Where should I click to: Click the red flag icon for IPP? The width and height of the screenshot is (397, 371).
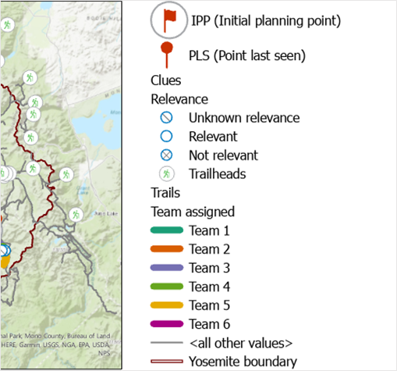pyautogui.click(x=167, y=20)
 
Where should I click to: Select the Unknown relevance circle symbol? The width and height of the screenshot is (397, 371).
pyautogui.click(x=166, y=118)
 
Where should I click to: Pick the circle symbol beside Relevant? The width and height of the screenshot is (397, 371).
pyautogui.click(x=166, y=137)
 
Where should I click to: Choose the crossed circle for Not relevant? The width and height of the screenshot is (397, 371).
pyautogui.click(x=166, y=155)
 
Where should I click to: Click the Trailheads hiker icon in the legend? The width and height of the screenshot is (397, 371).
pyautogui.click(x=166, y=174)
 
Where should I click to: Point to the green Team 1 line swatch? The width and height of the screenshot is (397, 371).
pyautogui.click(x=166, y=230)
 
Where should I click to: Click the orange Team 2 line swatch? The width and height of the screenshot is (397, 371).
pyautogui.click(x=166, y=249)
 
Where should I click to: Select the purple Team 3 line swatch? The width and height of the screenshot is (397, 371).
pyautogui.click(x=166, y=268)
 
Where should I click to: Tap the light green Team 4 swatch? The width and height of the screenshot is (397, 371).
pyautogui.click(x=166, y=287)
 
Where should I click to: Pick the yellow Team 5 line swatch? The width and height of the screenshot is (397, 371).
pyautogui.click(x=166, y=305)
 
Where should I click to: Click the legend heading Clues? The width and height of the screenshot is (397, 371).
pyautogui.click(x=165, y=80)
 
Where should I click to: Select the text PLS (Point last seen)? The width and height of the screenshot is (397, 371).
pyautogui.click(x=246, y=55)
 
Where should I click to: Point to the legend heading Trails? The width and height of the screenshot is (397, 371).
pyautogui.click(x=164, y=193)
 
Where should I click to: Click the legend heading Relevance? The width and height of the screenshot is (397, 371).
pyautogui.click(x=179, y=99)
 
